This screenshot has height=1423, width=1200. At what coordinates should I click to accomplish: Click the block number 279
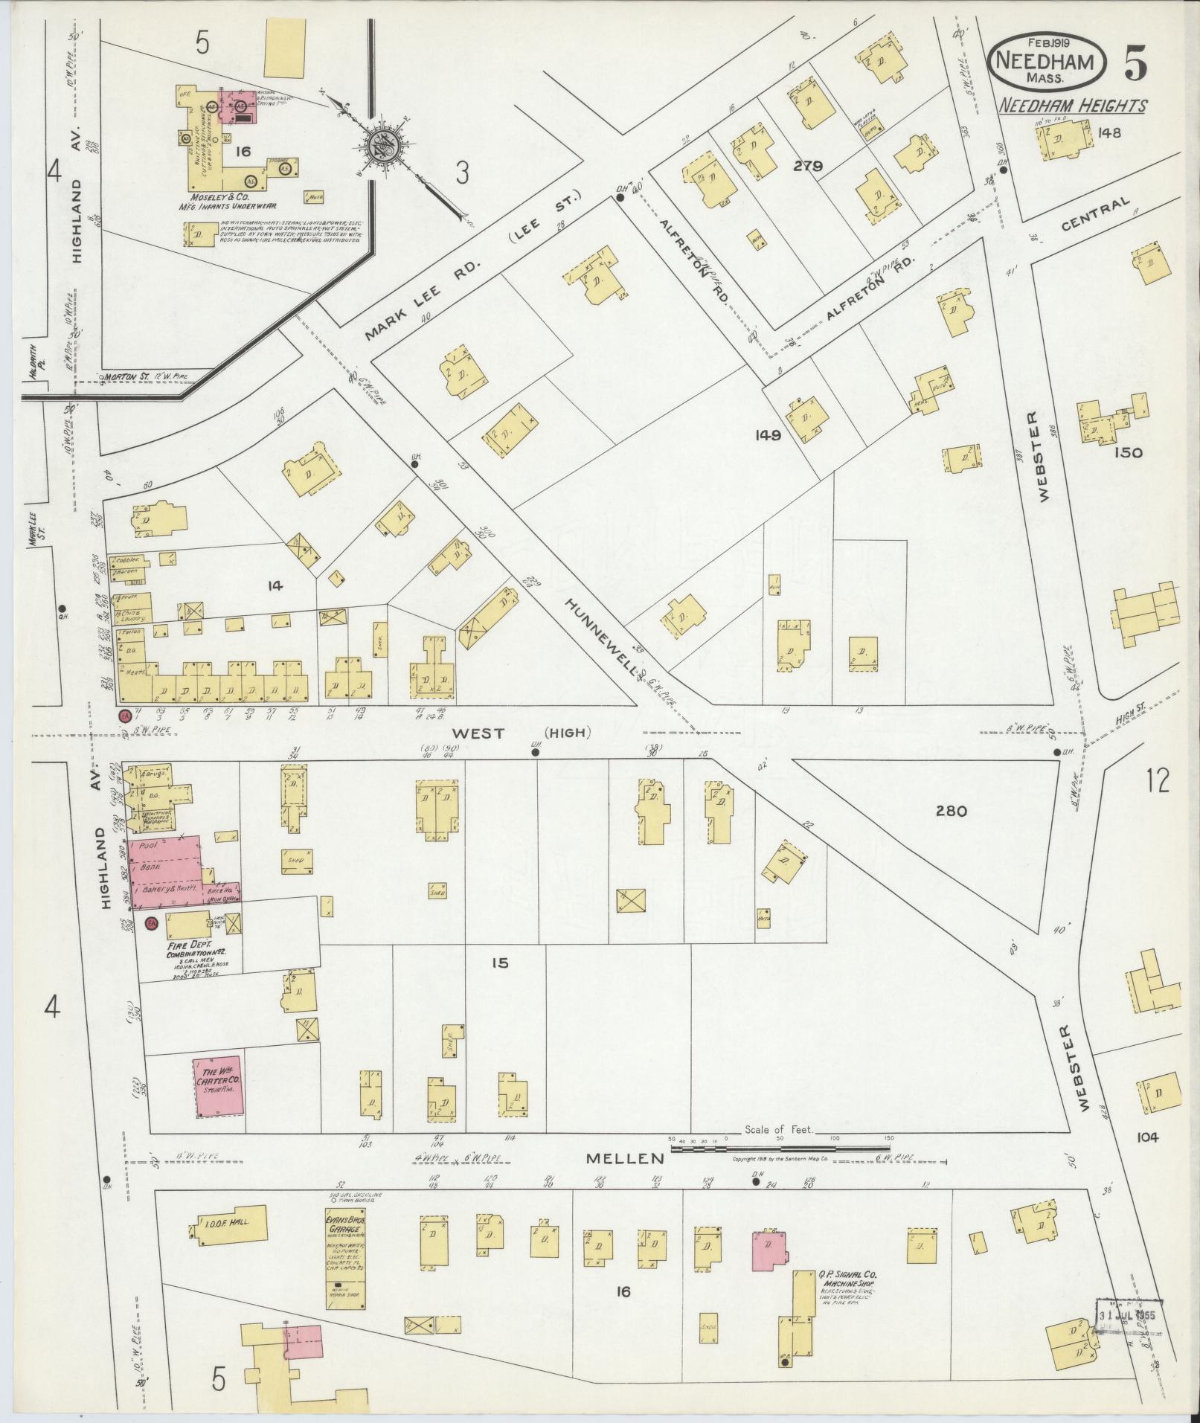click(807, 167)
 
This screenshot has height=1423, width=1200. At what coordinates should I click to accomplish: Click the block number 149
click(766, 436)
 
